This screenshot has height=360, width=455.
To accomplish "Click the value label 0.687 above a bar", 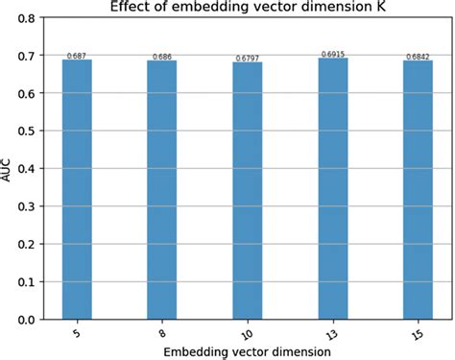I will (78, 57).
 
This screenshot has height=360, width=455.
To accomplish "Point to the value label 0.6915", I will (332, 55).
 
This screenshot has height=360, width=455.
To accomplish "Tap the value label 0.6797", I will (248, 59).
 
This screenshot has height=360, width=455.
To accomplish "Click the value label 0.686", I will (162, 57).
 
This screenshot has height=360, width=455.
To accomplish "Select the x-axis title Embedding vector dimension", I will (248, 351).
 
